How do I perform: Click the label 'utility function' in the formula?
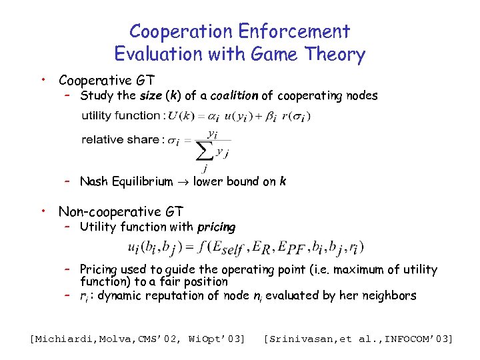click(121, 115)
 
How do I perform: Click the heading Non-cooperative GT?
click(121, 212)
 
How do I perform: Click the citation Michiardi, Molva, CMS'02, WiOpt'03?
click(138, 339)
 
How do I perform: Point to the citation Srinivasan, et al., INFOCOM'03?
click(359, 339)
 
